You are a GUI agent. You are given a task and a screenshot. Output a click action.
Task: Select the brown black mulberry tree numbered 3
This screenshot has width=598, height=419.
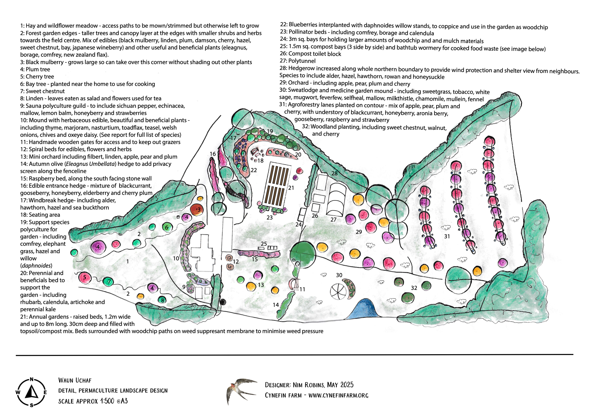tap(197, 210)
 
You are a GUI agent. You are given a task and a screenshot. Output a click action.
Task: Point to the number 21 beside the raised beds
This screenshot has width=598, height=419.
tap(291, 188)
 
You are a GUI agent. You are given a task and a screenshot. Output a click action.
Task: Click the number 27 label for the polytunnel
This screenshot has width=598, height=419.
tap(333, 220)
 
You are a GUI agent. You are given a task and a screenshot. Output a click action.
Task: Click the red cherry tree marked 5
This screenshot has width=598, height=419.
tap(84, 278)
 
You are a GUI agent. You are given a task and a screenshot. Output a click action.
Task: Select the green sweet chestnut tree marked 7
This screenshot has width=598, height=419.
tap(108, 281)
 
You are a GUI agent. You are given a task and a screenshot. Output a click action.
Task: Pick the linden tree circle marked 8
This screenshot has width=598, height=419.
tap(162, 300)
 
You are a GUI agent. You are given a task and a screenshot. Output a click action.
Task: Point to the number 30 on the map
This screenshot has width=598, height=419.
tap(339, 275)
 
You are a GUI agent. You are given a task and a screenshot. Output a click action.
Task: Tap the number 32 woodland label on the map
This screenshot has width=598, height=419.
tap(414, 288)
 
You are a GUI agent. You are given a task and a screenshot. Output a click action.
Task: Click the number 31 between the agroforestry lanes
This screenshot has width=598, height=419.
tap(447, 236)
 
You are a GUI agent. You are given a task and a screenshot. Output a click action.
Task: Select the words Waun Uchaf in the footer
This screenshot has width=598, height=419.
tap(75, 380)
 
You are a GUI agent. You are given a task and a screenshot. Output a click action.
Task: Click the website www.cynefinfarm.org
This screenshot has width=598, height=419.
tap(338, 395)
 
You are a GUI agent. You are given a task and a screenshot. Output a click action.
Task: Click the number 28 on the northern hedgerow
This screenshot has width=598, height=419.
tap(334, 173)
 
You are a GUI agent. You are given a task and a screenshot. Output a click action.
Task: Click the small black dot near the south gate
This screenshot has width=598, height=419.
tap(223, 302)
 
